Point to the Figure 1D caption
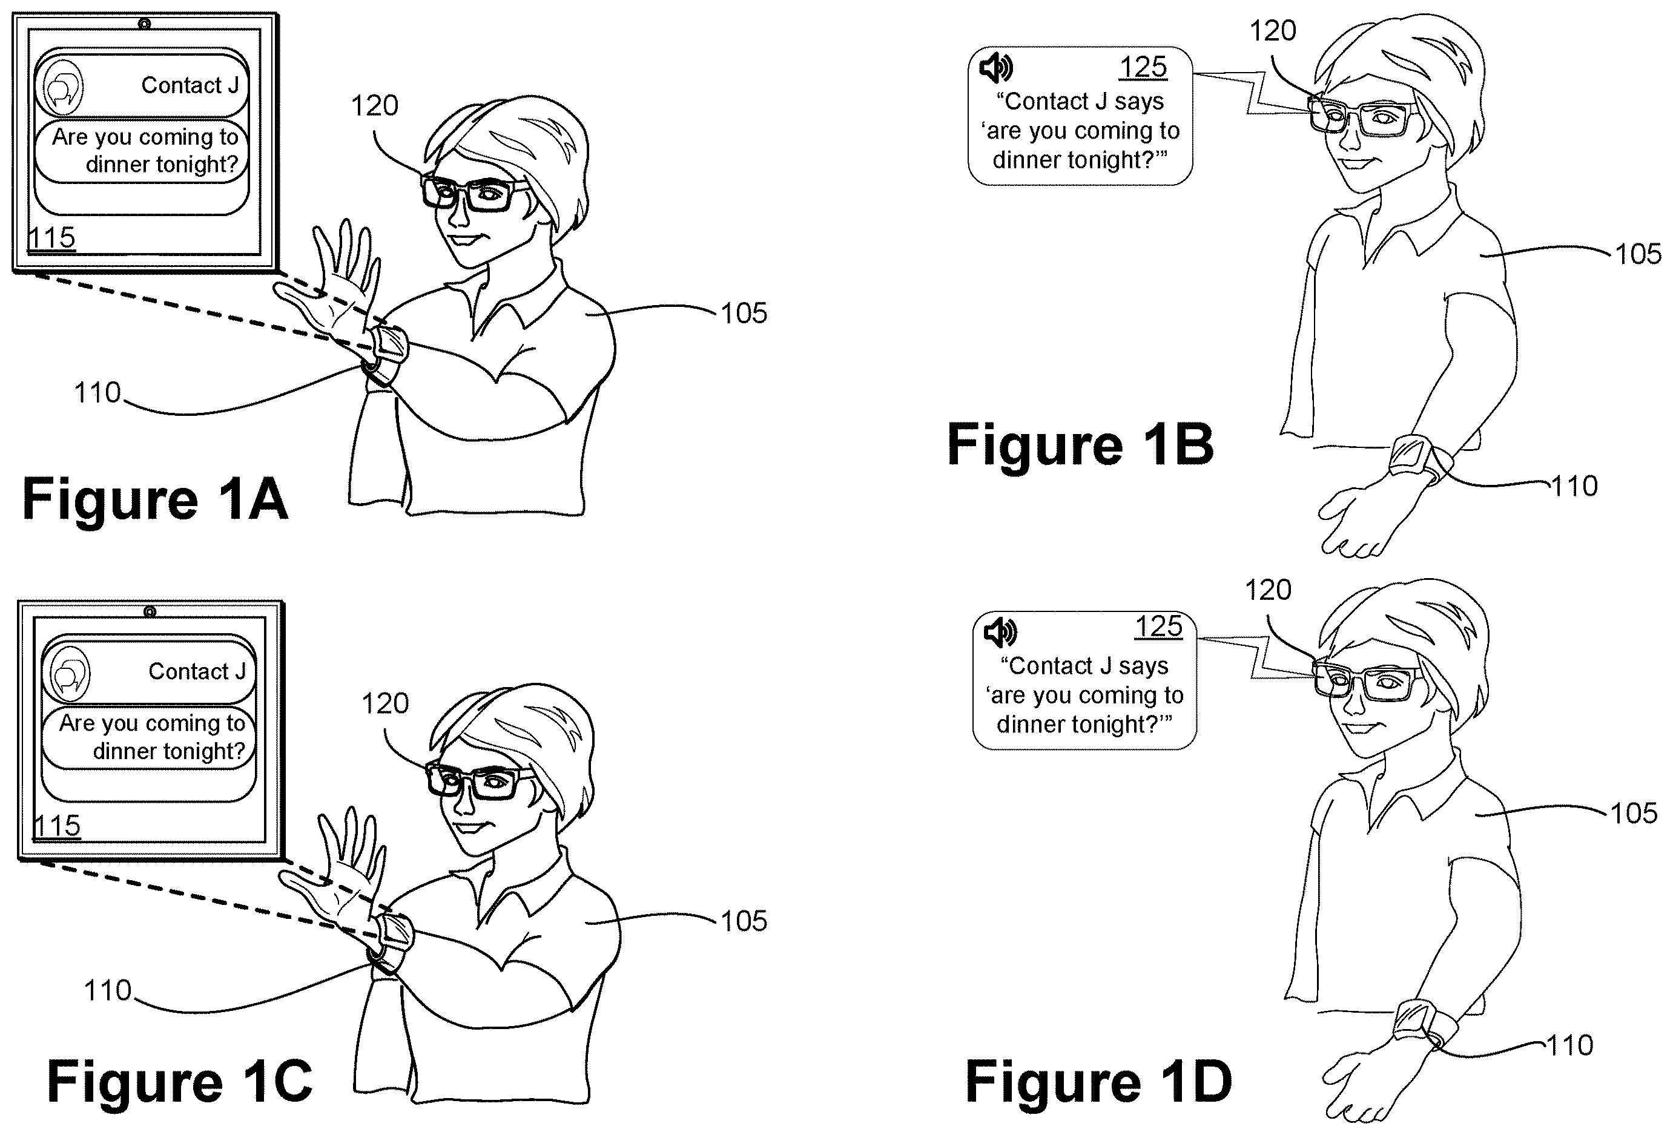[x=1098, y=1082]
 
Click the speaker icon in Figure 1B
[x=996, y=68]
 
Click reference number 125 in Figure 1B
[x=1143, y=67]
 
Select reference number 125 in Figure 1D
[x=1158, y=626]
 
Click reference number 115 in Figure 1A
[x=51, y=237]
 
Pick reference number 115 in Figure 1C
[x=57, y=826]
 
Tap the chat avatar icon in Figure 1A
[x=61, y=87]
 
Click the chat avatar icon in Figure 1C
[x=68, y=674]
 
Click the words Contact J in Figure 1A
[x=190, y=85]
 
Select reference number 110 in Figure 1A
[x=98, y=393]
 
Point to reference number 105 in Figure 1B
[x=1638, y=254]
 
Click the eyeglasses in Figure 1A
[x=475, y=192]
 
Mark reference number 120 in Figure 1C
[x=385, y=703]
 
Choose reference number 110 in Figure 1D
[x=1569, y=1045]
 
